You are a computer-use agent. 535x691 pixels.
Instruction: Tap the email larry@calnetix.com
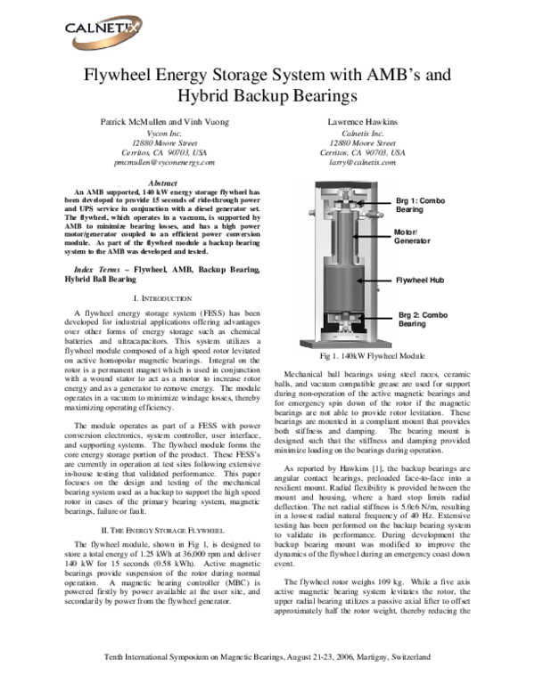point(362,164)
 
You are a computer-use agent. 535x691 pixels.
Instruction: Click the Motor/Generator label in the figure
point(413,237)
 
